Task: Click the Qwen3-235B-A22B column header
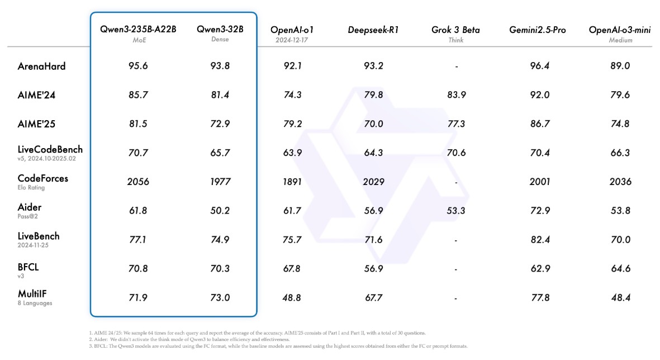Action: pyautogui.click(x=138, y=30)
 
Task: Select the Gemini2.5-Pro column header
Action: pyautogui.click(x=537, y=30)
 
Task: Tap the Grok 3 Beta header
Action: pyautogui.click(x=455, y=30)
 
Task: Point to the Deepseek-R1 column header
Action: pyautogui.click(x=373, y=30)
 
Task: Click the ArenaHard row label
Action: pyautogui.click(x=42, y=66)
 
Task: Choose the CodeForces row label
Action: pyautogui.click(x=43, y=178)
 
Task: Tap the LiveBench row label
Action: pyautogui.click(x=39, y=236)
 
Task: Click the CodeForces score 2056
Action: pyautogui.click(x=138, y=181)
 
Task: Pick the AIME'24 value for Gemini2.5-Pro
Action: pyautogui.click(x=539, y=95)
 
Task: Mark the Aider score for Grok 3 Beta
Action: pyautogui.click(x=456, y=210)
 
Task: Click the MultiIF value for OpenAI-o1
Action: pyautogui.click(x=292, y=298)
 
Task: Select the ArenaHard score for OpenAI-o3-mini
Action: pyautogui.click(x=620, y=66)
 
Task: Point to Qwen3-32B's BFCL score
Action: pyautogui.click(x=220, y=268)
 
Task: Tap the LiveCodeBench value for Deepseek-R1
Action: pyautogui.click(x=373, y=153)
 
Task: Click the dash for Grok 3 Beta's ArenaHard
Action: pyautogui.click(x=456, y=67)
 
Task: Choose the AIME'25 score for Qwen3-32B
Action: pyautogui.click(x=220, y=124)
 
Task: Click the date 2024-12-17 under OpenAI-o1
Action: pyautogui.click(x=292, y=40)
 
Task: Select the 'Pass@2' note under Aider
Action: pyautogui.click(x=29, y=216)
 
